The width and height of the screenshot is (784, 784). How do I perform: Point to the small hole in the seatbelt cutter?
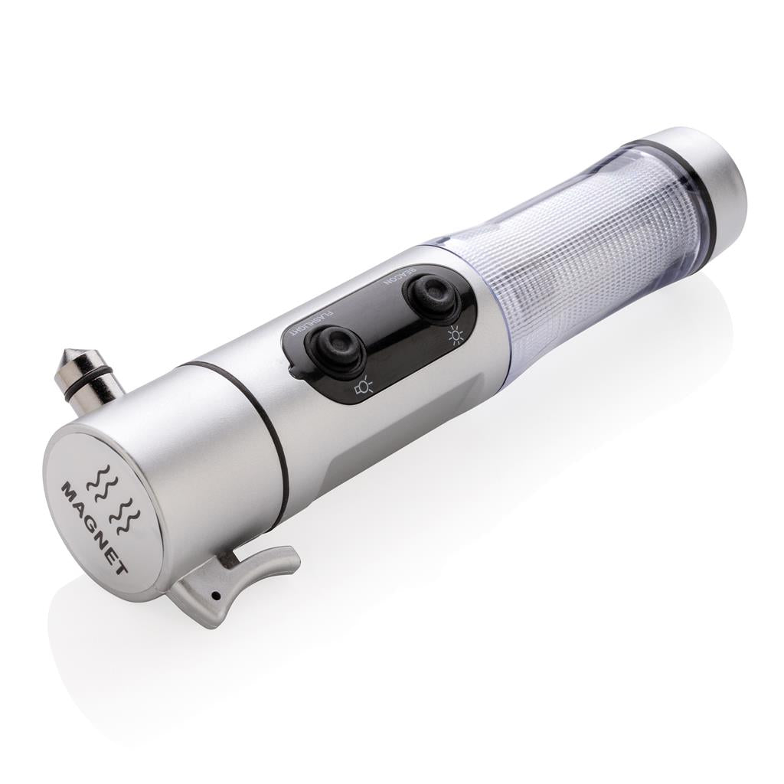coord(218,595)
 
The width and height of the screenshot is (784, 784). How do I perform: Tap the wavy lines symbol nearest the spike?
coord(105,481)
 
